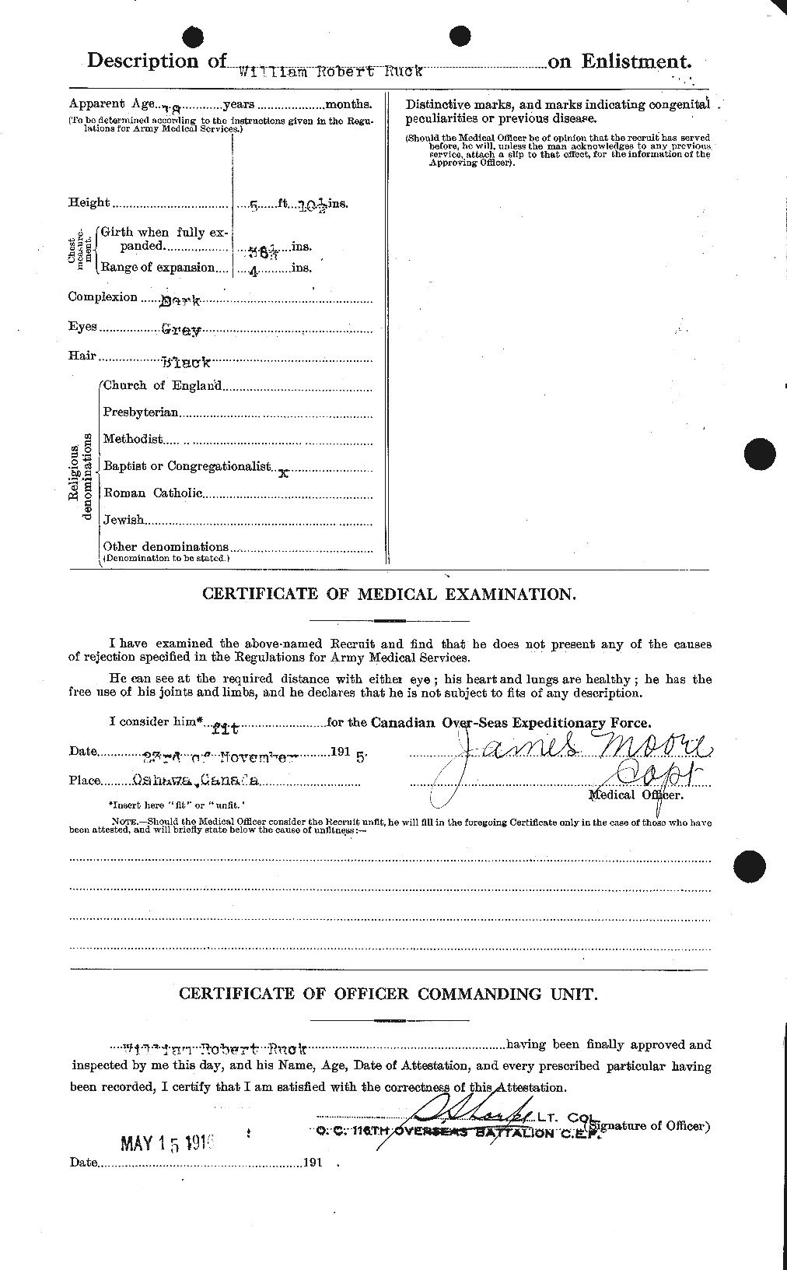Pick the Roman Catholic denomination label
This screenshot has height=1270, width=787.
(152, 493)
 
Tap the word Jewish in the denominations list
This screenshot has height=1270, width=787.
(124, 520)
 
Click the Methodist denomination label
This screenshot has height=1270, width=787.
(132, 439)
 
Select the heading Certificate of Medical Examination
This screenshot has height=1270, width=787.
(389, 594)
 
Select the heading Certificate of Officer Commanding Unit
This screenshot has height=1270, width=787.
(389, 994)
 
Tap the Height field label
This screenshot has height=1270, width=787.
(89, 203)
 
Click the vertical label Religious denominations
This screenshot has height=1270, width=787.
(79, 476)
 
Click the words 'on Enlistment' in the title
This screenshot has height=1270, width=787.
(619, 61)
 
